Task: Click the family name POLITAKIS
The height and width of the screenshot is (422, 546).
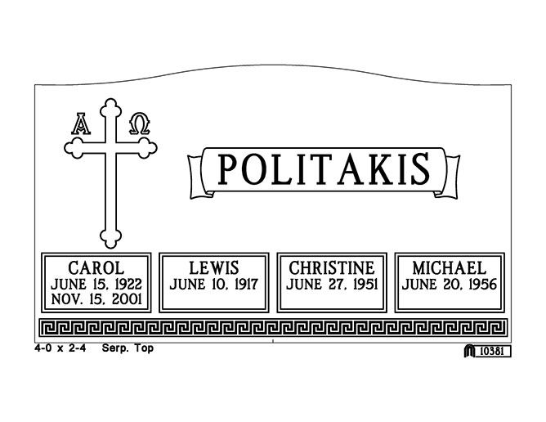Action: pyautogui.click(x=324, y=170)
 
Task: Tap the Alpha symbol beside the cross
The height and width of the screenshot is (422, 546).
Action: pyautogui.click(x=82, y=123)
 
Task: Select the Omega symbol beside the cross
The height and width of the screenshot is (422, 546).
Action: pyautogui.click(x=140, y=123)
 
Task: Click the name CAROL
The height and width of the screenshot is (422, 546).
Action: pyautogui.click(x=96, y=267)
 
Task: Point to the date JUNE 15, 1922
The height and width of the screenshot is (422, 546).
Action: pyautogui.click(x=96, y=284)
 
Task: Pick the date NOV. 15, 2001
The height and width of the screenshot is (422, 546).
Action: pyautogui.click(x=96, y=300)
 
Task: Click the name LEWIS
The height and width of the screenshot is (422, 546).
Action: pyautogui.click(x=213, y=267)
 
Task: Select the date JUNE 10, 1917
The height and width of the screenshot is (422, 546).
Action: pyautogui.click(x=213, y=285)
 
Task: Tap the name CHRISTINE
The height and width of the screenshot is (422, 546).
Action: pyautogui.click(x=331, y=267)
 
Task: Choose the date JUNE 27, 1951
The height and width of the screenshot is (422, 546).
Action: pyautogui.click(x=331, y=285)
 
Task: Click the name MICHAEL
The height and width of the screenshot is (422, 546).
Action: pyautogui.click(x=449, y=267)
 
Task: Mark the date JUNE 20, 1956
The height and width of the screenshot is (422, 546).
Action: pyautogui.click(x=449, y=285)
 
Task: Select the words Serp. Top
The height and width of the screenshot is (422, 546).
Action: pyautogui.click(x=127, y=348)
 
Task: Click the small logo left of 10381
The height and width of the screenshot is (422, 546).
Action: pyautogui.click(x=469, y=351)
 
